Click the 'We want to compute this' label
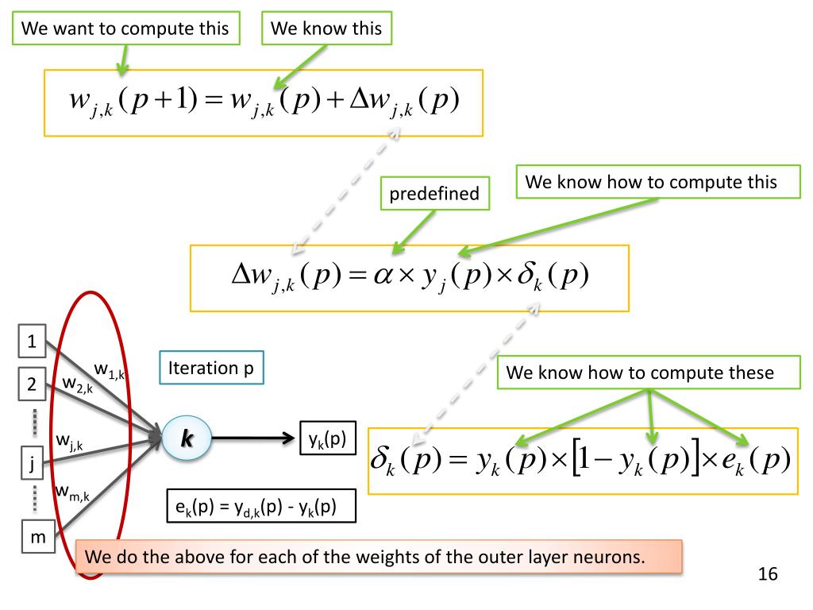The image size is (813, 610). [x=125, y=29]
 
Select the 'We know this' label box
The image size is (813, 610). [x=326, y=29]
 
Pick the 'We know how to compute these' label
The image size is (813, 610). [x=650, y=373]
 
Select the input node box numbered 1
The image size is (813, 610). [x=32, y=343]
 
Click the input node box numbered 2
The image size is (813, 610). [x=32, y=386]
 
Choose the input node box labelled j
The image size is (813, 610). [x=31, y=465]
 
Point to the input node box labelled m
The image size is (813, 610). [x=37, y=538]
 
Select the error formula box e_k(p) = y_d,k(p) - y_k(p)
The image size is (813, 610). [x=260, y=506]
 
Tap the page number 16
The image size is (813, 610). [x=767, y=573]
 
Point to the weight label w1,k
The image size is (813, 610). [x=110, y=369]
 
